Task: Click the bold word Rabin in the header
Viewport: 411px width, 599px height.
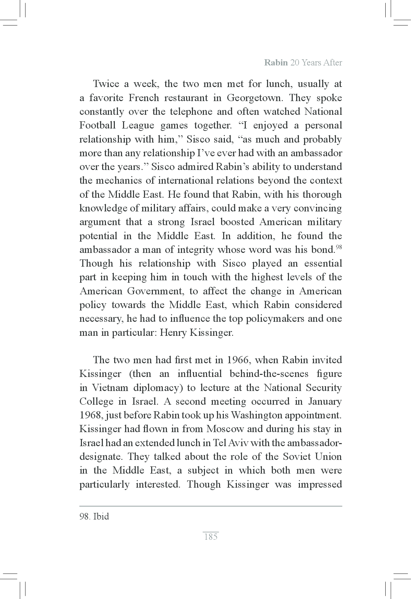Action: pyautogui.click(x=276, y=63)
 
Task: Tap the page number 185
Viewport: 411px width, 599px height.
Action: pyautogui.click(x=210, y=537)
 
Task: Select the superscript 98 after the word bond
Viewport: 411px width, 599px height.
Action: pyautogui.click(x=338, y=247)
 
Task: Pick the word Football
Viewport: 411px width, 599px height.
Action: pyautogui.click(x=97, y=125)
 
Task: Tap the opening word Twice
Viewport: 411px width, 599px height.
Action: pyautogui.click(x=106, y=84)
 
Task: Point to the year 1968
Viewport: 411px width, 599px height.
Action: pyautogui.click(x=90, y=415)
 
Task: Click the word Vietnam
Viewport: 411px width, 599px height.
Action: pyautogui.click(x=110, y=388)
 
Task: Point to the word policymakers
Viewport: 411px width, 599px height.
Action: pyautogui.click(x=271, y=319)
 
